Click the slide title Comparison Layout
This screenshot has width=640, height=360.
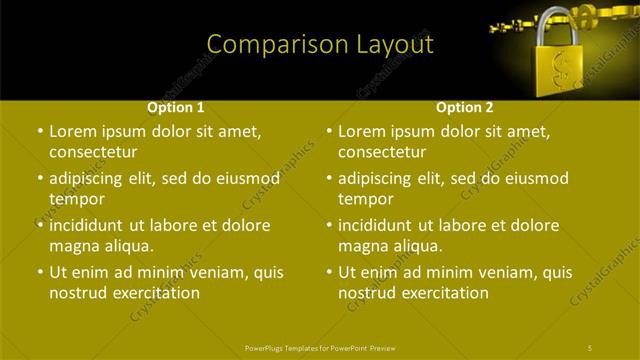click(319, 45)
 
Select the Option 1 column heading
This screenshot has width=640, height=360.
click(176, 107)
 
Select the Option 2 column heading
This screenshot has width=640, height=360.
click(465, 107)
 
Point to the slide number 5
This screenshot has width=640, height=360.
click(591, 347)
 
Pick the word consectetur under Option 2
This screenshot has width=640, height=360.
click(382, 152)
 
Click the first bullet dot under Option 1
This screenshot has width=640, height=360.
click(40, 131)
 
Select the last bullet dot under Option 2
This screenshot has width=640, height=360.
click(330, 272)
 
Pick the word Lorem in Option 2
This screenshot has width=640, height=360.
click(361, 131)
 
